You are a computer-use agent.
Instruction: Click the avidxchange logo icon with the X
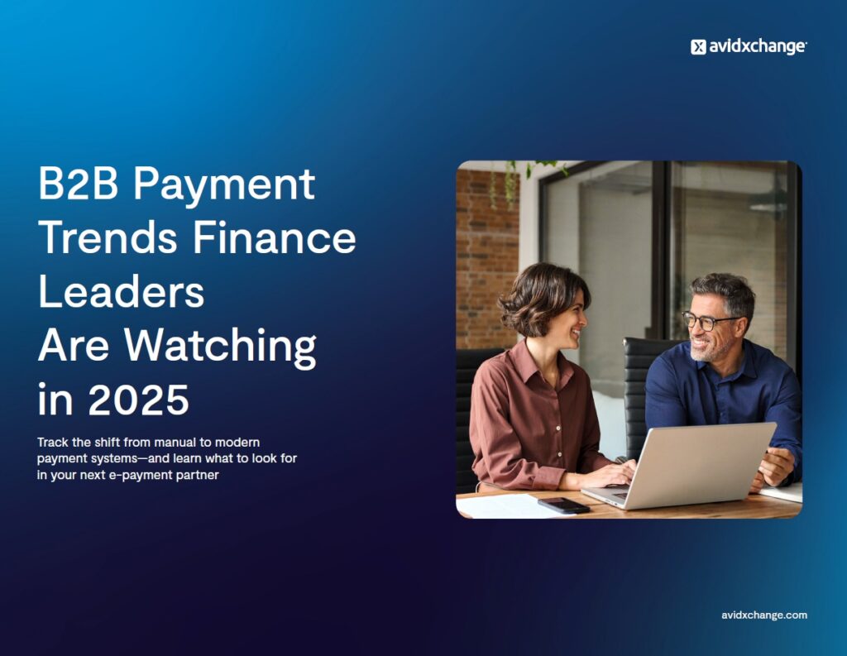pos(698,47)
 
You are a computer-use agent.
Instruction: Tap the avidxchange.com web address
pos(763,615)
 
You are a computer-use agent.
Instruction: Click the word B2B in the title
pos(78,184)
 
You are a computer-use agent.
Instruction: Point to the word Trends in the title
pos(108,237)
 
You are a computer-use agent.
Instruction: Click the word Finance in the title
pos(275,237)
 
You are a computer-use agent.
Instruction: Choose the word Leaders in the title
pos(122,292)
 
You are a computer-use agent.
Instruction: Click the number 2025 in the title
pos(138,400)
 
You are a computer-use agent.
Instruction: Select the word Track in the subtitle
pos(52,442)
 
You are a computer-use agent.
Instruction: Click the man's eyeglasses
pos(708,321)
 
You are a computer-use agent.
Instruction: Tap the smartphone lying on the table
pos(563,505)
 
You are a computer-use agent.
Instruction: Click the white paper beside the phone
pos(505,506)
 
